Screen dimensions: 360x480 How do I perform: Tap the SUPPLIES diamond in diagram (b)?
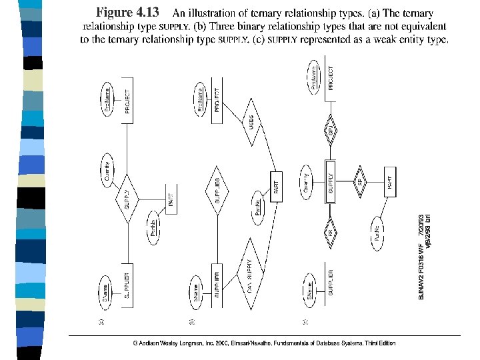tap(217, 189)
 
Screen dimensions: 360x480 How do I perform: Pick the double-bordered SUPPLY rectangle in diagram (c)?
tap(331, 180)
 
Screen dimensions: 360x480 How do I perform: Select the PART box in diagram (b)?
tap(275, 184)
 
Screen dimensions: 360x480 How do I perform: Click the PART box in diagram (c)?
tap(390, 179)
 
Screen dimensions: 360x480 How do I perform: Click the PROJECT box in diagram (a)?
tap(129, 101)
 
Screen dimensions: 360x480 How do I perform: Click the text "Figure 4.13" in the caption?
tap(127, 13)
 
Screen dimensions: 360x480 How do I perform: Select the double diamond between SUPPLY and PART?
tap(360, 180)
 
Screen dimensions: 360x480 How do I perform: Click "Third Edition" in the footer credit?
tap(379, 343)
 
